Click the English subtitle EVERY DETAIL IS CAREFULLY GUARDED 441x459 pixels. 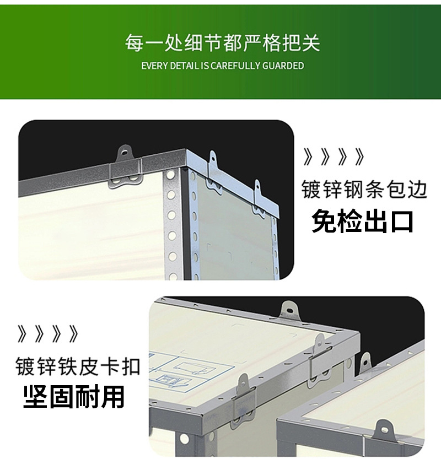pyautogui.click(x=223, y=66)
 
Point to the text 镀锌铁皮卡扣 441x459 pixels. pyautogui.click(x=78, y=366)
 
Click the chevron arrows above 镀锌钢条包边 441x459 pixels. pyautogui.click(x=334, y=157)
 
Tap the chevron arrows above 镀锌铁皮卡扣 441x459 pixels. pyautogui.click(x=48, y=334)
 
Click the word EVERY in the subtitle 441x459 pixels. pyautogui.click(x=154, y=66)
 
